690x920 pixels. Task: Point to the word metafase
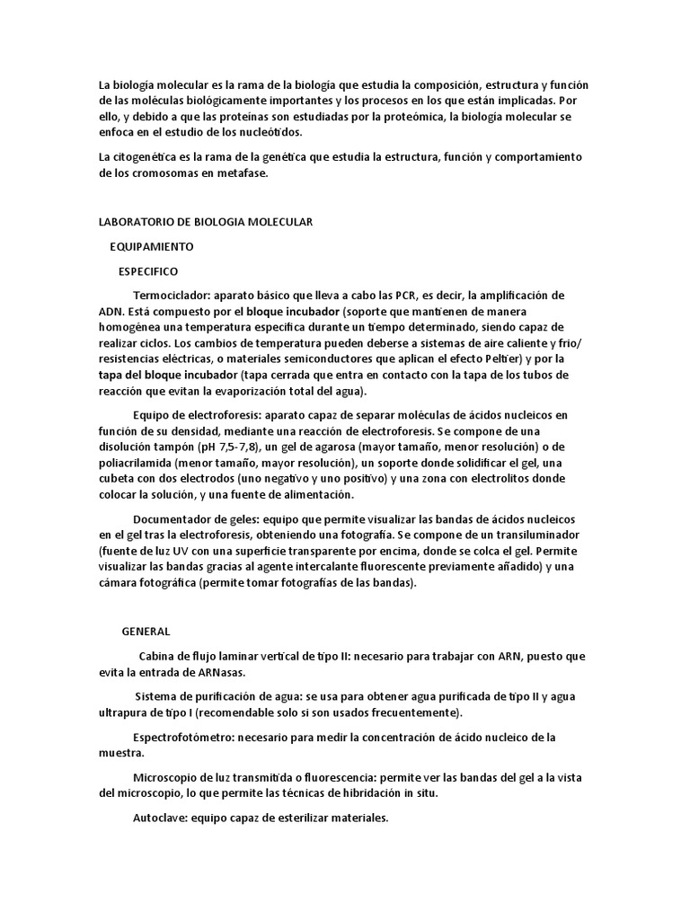(x=242, y=173)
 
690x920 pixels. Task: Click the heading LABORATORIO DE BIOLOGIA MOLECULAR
(x=205, y=222)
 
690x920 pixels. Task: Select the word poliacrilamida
(x=136, y=464)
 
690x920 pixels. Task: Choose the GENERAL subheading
(x=146, y=632)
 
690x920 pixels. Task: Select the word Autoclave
(x=159, y=818)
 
